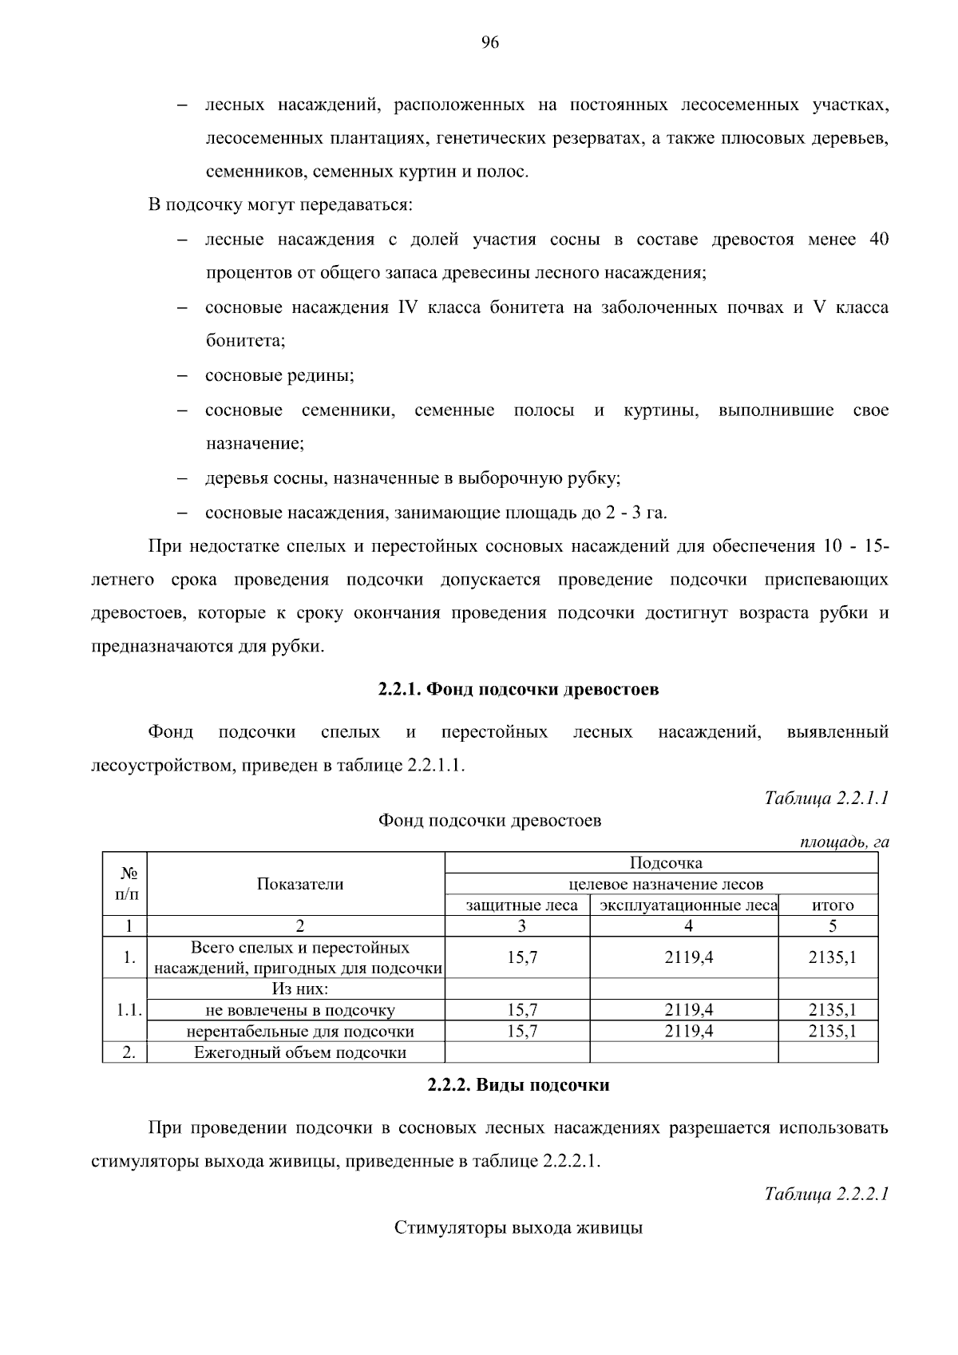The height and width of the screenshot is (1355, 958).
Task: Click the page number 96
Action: pos(489,43)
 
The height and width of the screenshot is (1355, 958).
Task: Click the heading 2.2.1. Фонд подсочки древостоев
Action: pos(518,689)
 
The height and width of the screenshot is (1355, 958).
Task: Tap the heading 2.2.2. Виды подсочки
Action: pos(518,1084)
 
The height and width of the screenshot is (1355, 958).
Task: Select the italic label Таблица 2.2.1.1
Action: pos(826,798)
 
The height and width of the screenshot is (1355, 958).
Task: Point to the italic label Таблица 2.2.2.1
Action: pos(826,1195)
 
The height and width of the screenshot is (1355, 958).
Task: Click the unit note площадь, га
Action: pos(845,842)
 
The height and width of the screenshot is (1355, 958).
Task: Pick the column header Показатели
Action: pos(300,883)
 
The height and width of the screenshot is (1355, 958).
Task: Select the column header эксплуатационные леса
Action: pos(688,905)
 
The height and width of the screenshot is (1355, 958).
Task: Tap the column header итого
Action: pos(832,905)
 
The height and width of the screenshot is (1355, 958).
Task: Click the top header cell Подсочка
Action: pos(666,863)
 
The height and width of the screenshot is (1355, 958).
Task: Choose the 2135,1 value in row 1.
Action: pos(832,957)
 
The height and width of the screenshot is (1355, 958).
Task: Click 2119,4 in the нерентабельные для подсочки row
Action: pos(688,1031)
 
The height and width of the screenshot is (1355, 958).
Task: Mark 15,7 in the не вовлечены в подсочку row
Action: pos(522,1010)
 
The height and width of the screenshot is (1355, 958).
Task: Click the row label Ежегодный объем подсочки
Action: pos(300,1052)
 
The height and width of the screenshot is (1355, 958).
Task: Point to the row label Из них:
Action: pos(300,989)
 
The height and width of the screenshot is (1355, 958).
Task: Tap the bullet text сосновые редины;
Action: pos(279,375)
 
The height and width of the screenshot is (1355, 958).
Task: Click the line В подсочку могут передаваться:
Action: pos(280,205)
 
